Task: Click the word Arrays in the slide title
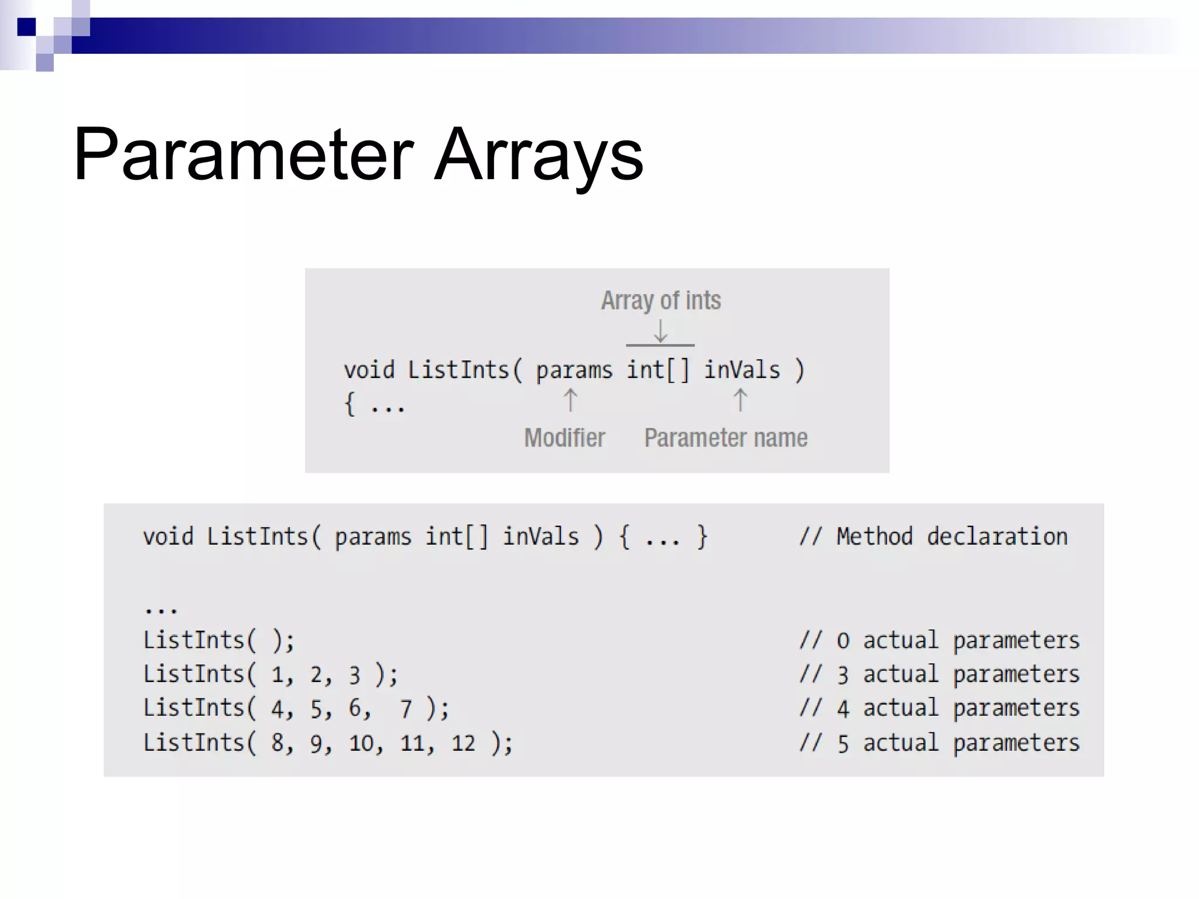pyautogui.click(x=539, y=155)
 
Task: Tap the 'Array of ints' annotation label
pyautogui.click(x=661, y=301)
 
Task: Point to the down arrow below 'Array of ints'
pyautogui.click(x=660, y=331)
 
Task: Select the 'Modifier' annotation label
pyautogui.click(x=564, y=438)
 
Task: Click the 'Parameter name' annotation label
pyautogui.click(x=726, y=438)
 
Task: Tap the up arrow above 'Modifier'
pyautogui.click(x=570, y=401)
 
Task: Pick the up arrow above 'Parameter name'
pyautogui.click(x=740, y=401)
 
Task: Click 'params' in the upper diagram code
pyautogui.click(x=574, y=370)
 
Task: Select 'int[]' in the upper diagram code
pyautogui.click(x=658, y=370)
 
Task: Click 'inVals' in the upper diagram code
pyautogui.click(x=742, y=370)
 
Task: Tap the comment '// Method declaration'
pyautogui.click(x=934, y=537)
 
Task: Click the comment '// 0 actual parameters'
pyautogui.click(x=940, y=640)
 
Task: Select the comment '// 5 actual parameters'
pyautogui.click(x=940, y=743)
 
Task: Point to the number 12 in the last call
pyautogui.click(x=463, y=743)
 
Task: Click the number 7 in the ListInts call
pyautogui.click(x=406, y=709)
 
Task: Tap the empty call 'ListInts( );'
pyautogui.click(x=219, y=640)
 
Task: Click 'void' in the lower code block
pyautogui.click(x=168, y=537)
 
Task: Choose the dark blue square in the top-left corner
pyautogui.click(x=26, y=27)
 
